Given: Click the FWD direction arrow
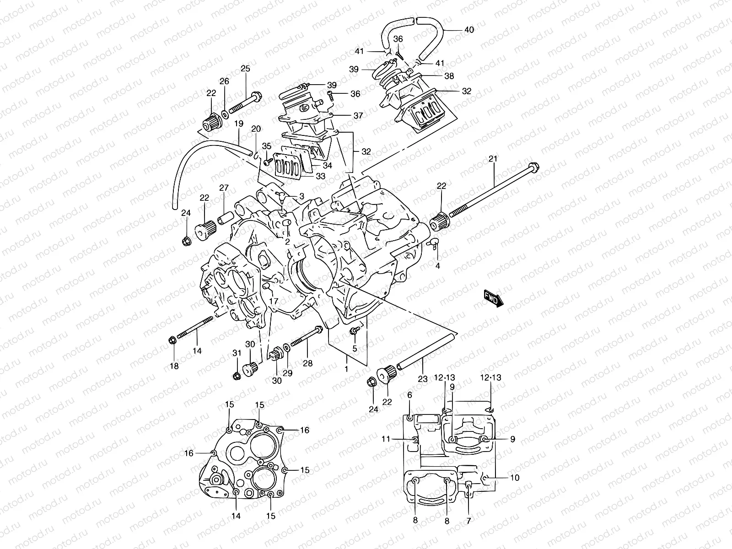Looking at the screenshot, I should click(493, 297).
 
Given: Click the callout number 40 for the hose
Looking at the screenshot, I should click(469, 30).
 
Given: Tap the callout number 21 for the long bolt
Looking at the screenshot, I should click(493, 158).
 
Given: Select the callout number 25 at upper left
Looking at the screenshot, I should click(246, 69).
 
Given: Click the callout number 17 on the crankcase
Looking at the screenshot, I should click(274, 301).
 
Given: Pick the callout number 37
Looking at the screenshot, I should click(358, 116).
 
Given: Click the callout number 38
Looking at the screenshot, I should click(449, 76).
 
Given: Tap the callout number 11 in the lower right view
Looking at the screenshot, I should click(386, 439).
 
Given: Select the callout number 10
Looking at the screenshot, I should click(515, 478).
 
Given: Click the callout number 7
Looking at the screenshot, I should click(468, 521).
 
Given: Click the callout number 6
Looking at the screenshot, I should click(409, 394).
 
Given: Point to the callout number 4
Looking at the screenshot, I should click(438, 266).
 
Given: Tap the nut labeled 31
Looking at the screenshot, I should click(237, 376).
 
